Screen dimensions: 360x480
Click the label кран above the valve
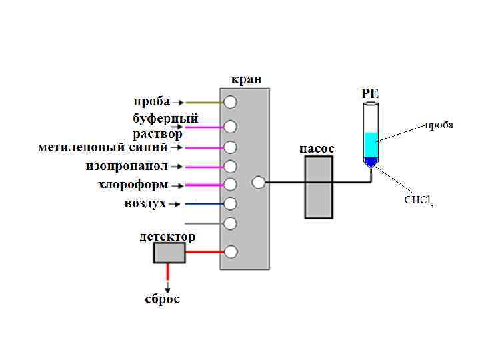click(246, 79)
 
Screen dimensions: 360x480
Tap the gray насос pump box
click(319, 188)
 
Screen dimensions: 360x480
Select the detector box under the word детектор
click(169, 253)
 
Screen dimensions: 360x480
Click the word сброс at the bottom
click(163, 299)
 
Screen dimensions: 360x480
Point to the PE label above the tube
click(370, 93)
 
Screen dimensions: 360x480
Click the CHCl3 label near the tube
click(419, 201)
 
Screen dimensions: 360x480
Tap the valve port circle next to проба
click(230, 103)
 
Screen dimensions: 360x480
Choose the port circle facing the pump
click(259, 181)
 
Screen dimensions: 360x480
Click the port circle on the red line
click(230, 252)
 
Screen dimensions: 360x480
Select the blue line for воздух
click(203, 203)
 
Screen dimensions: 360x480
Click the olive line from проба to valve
click(203, 103)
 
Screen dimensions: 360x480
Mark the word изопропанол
click(127, 165)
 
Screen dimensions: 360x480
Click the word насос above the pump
click(316, 149)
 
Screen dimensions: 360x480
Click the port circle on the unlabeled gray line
click(230, 223)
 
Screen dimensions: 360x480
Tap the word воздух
click(145, 203)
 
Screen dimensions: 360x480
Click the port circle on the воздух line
click(230, 203)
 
